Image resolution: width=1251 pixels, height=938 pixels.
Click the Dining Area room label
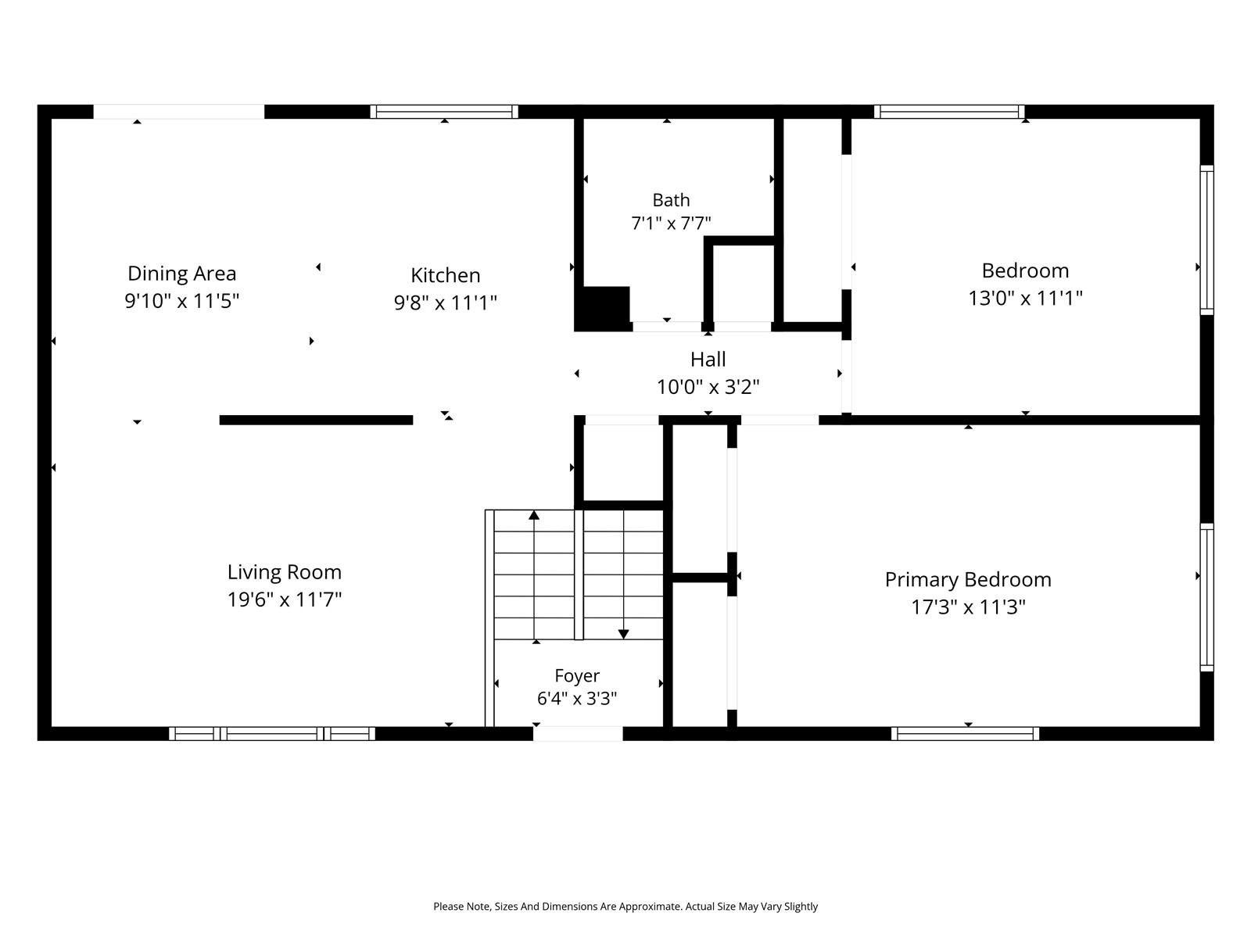[x=182, y=274]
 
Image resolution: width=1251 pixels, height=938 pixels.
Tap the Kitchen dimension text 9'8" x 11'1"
[x=445, y=303]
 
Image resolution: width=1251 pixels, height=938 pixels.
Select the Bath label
[x=671, y=200]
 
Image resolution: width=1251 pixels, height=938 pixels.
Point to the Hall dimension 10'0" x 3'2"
[x=708, y=387]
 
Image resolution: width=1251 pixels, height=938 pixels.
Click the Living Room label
[x=285, y=572]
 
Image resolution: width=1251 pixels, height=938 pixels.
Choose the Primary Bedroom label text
[x=968, y=580]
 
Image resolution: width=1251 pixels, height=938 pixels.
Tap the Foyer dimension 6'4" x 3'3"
[x=577, y=698]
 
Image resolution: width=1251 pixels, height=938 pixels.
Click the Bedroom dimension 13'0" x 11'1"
[x=1025, y=298]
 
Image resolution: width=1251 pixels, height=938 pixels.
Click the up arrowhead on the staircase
[x=533, y=515]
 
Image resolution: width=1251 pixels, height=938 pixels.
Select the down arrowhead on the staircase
[x=623, y=634]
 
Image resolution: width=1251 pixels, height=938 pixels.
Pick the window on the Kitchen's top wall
[x=444, y=112]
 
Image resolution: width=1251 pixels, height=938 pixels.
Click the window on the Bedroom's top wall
[x=949, y=112]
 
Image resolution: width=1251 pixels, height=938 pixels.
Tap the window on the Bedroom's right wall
[x=1206, y=240]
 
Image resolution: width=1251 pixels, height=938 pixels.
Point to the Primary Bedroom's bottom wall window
[x=965, y=733]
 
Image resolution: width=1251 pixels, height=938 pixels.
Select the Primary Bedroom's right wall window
[x=1206, y=597]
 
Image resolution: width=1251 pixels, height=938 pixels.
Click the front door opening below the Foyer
[x=578, y=733]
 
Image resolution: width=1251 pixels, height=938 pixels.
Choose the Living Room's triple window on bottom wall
[x=272, y=733]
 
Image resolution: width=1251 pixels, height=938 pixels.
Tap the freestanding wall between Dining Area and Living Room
[x=317, y=421]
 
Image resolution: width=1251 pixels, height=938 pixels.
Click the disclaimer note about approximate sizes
[x=625, y=906]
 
